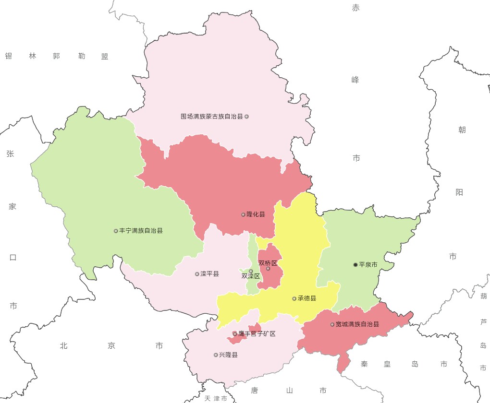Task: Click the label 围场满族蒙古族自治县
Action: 212,117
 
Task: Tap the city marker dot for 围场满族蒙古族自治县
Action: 246,117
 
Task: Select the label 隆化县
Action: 256,214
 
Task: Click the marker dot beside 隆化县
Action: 243,214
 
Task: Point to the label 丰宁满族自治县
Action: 141,231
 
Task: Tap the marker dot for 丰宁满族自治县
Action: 116,231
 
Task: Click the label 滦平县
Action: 209,274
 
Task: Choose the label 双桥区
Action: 268,263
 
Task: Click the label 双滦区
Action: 250,276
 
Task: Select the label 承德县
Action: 307,298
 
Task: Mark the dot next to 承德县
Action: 294,298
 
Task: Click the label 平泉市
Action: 368,265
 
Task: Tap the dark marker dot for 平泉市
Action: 355,265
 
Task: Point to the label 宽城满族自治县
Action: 357,324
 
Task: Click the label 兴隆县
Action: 228,355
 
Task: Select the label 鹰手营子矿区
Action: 257,334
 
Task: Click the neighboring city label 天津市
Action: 216,398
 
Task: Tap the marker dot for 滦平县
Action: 197,274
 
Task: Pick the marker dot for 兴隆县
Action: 216,355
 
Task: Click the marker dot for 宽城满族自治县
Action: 332,324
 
